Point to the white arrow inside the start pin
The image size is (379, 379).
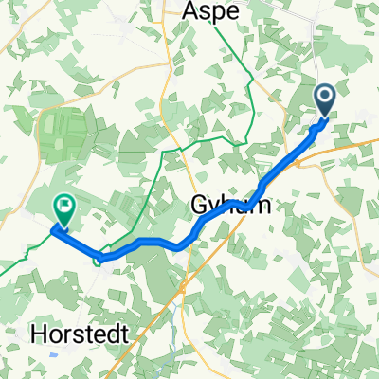(x=324, y=97)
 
